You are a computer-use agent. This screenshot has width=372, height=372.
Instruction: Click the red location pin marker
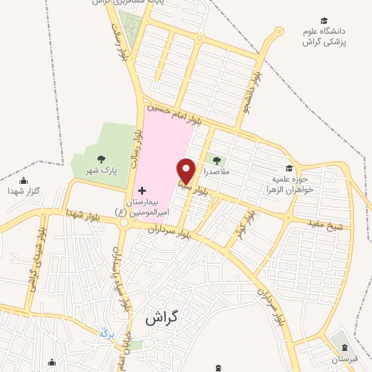pos(187,171)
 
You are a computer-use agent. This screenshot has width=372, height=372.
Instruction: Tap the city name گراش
pos(161,318)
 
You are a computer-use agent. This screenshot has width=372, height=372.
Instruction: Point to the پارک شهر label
pos(100,171)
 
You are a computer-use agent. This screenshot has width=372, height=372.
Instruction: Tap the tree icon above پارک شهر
pos(100,158)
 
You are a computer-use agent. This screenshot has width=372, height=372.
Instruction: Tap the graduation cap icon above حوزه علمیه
pos(289,169)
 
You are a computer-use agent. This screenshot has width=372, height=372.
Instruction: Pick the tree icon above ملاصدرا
pos(216,159)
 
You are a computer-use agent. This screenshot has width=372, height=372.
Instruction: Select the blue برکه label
pos(106,333)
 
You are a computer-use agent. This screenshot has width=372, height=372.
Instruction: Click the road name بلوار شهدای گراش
pos(33,264)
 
